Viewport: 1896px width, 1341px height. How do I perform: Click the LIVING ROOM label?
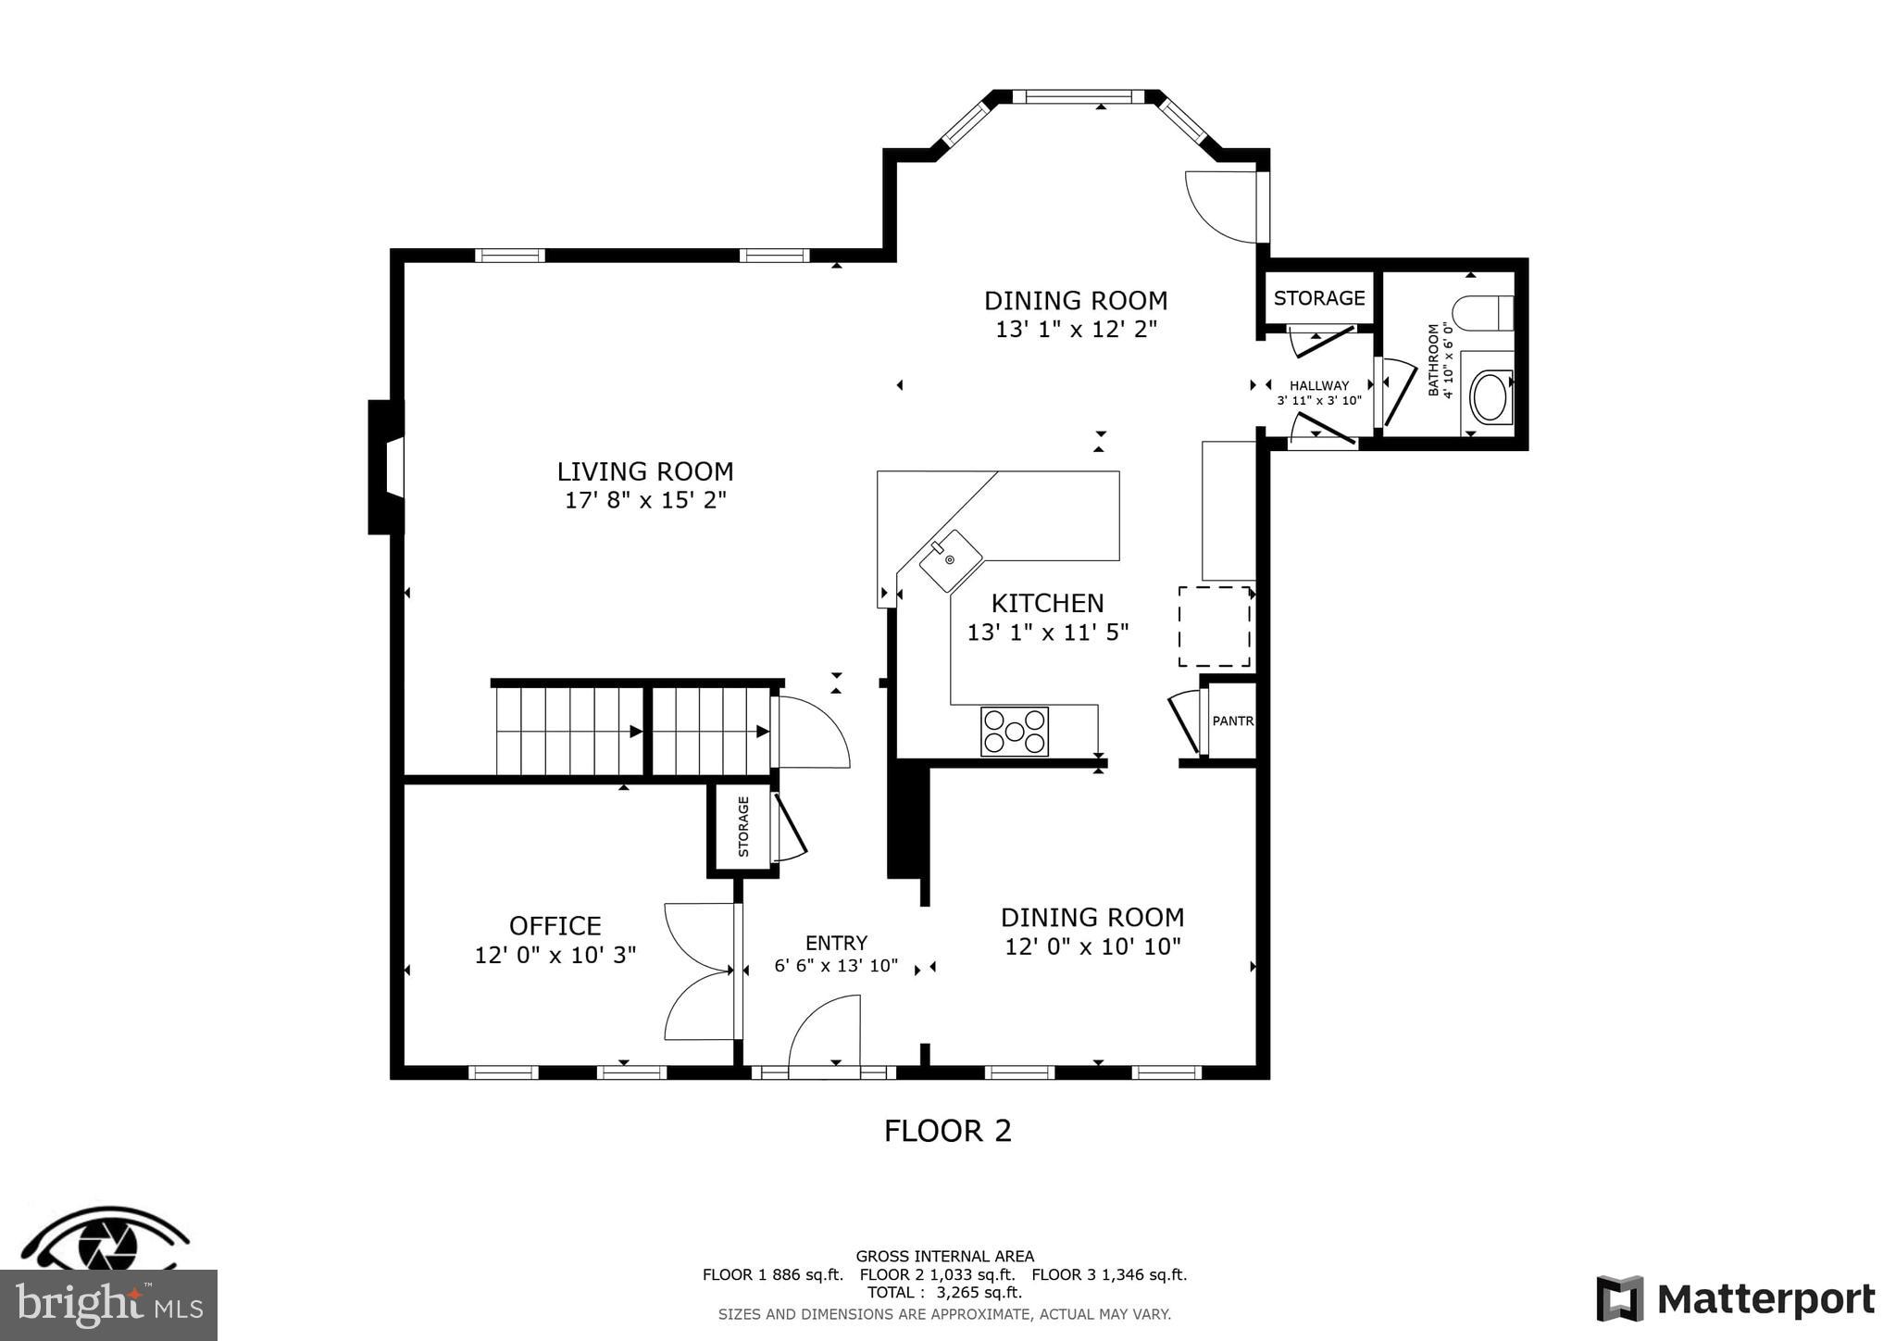click(x=644, y=471)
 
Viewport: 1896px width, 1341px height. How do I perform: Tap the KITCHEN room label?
click(x=1047, y=604)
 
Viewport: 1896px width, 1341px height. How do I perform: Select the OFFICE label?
click(x=555, y=926)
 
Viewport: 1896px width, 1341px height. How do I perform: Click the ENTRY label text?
click(x=836, y=943)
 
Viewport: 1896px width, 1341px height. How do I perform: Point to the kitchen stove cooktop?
click(x=1015, y=732)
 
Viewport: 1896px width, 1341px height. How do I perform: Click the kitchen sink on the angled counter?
click(x=950, y=560)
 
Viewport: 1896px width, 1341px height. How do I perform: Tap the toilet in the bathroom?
click(x=1482, y=313)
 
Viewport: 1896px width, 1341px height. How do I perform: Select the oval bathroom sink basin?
click(x=1490, y=397)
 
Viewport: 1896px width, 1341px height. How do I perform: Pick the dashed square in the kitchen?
click(x=1215, y=626)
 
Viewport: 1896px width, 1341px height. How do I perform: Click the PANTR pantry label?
click(x=1232, y=721)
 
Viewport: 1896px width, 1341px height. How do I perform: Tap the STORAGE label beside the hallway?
click(x=1319, y=298)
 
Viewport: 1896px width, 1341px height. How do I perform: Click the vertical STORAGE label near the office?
click(x=743, y=826)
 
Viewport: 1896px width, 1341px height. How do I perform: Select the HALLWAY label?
click(x=1318, y=386)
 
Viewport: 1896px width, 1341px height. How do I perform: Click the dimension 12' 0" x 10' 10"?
click(x=1092, y=946)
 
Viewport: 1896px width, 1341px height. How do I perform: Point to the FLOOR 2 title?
click(x=947, y=1131)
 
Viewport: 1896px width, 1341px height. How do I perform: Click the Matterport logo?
click(x=1736, y=1298)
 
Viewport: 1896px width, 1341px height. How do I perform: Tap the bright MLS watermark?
click(x=108, y=1306)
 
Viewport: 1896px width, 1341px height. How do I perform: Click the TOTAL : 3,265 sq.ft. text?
click(x=944, y=1292)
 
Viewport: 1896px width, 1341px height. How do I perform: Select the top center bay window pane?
click(x=1078, y=96)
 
